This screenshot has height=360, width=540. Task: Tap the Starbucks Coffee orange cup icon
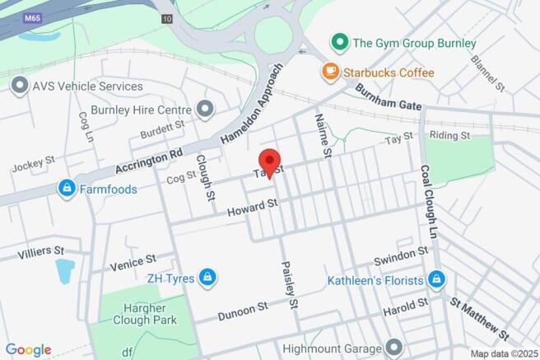pos(330,72)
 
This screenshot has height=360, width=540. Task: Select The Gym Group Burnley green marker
pos(337,42)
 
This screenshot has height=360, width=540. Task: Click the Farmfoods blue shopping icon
pos(67,189)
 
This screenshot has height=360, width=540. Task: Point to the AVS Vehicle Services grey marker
pos(20,86)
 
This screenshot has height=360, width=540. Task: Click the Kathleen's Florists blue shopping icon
pos(436,280)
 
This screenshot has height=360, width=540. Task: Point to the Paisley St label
pos(290,285)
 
